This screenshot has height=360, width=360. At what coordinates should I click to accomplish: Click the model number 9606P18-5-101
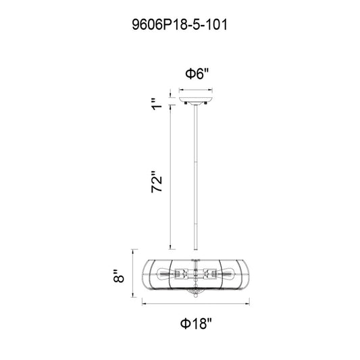pyautogui.click(x=180, y=24)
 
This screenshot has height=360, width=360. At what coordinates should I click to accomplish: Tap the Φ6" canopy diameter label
pyautogui.click(x=197, y=74)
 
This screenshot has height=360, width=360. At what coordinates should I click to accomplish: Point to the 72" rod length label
pyautogui.click(x=157, y=182)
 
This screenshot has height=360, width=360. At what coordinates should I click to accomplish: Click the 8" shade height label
pyautogui.click(x=118, y=276)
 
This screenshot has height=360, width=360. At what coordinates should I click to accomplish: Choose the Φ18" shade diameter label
pyautogui.click(x=196, y=324)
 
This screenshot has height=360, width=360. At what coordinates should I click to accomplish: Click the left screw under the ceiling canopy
pyautogui.click(x=185, y=103)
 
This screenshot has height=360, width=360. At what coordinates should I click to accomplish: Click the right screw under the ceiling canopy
pyautogui.click(x=206, y=103)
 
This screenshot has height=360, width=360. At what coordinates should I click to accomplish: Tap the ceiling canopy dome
pyautogui.click(x=196, y=100)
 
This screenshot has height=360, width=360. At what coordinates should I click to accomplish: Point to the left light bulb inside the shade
pyautogui.click(x=164, y=274)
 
